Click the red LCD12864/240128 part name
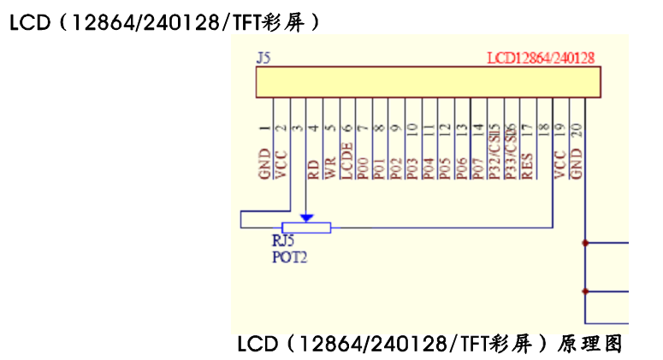(541, 58)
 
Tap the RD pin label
(313, 168)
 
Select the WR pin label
(329, 168)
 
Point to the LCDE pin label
(346, 160)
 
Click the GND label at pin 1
(264, 164)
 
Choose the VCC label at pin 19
(560, 164)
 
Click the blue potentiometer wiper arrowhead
(306, 219)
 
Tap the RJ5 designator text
(283, 241)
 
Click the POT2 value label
(289, 255)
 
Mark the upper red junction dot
(585, 243)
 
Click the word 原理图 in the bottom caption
(589, 345)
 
